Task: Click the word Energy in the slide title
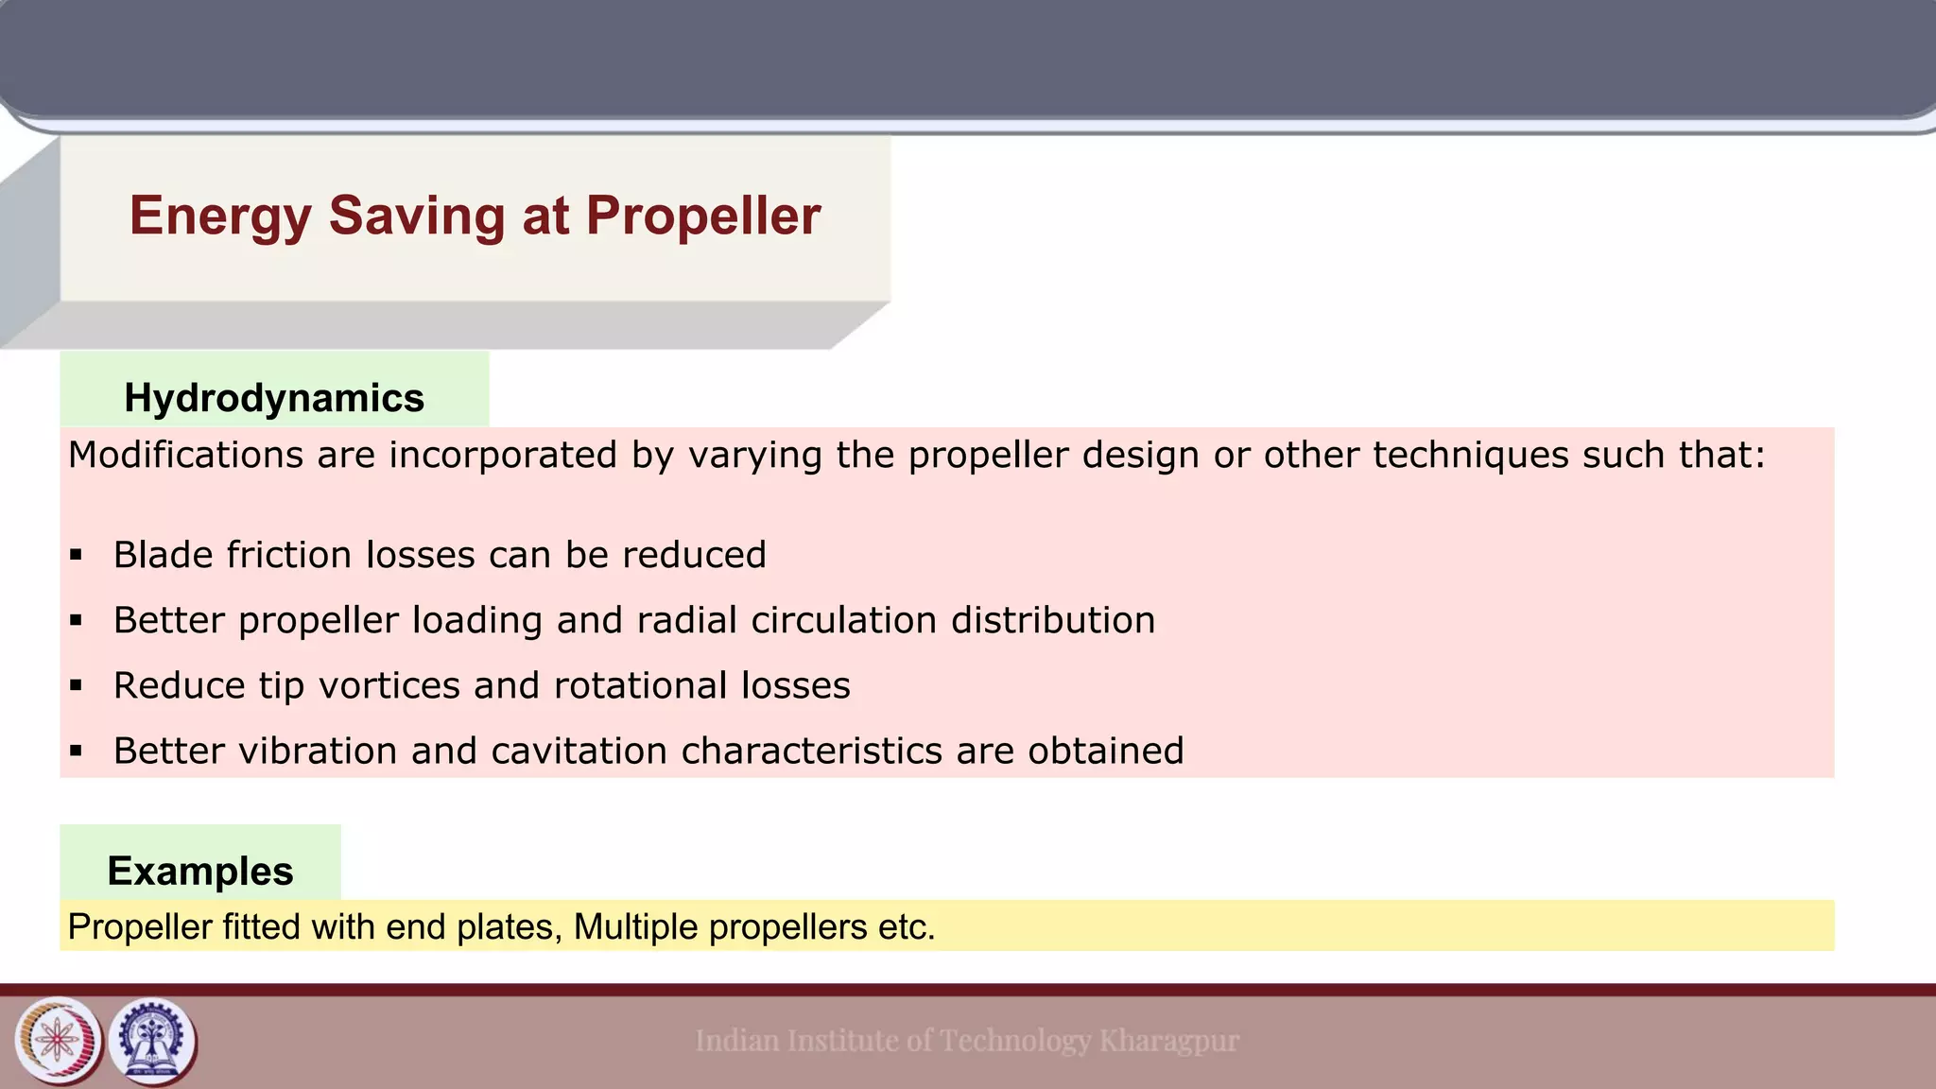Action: pos(219,216)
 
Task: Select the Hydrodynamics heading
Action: pos(274,398)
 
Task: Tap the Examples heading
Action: pos(200,871)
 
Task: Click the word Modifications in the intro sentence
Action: pos(184,456)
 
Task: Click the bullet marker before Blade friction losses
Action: pos(77,555)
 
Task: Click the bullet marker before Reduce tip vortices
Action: pos(77,685)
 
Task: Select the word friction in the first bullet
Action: pos(289,555)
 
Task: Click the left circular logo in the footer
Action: pos(59,1041)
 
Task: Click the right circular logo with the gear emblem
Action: pos(152,1041)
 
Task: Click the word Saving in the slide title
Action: pos(417,216)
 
